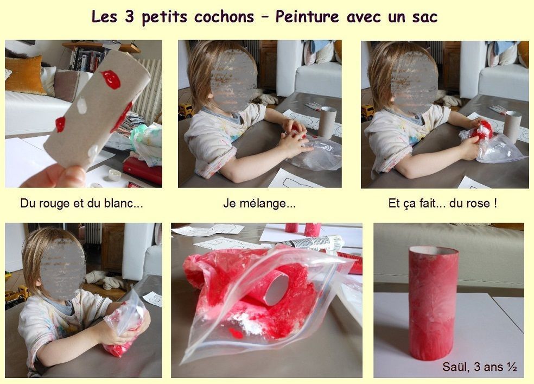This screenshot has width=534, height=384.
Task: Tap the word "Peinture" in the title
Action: (307, 17)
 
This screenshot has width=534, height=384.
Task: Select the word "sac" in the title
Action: (425, 17)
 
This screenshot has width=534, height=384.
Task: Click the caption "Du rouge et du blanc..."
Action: (82, 204)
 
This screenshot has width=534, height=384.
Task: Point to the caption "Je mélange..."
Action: (259, 204)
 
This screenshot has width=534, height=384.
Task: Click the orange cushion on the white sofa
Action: (24, 75)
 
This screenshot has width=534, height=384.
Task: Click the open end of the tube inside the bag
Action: (277, 289)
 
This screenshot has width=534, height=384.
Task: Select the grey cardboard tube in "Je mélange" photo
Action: (327, 122)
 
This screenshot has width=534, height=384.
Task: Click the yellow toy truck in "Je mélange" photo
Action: (186, 110)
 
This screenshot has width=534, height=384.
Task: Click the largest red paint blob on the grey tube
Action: (111, 79)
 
